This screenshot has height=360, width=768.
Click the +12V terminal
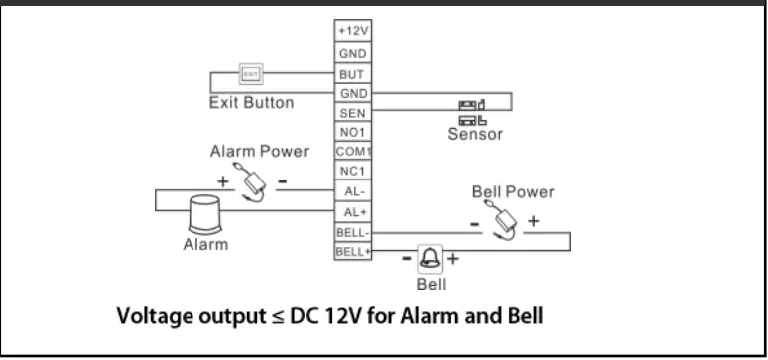tap(352, 32)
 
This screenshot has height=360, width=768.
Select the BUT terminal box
tap(352, 74)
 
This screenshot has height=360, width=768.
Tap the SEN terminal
tap(352, 113)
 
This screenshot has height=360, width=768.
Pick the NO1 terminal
tap(352, 132)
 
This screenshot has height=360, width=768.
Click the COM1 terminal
tap(352, 152)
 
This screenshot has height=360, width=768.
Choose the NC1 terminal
tap(352, 172)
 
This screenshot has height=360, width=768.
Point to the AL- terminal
tap(352, 191)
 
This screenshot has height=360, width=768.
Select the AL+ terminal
tap(352, 211)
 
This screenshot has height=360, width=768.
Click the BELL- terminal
tap(352, 232)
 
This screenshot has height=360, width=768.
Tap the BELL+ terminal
tap(352, 251)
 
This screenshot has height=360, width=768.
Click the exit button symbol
tap(250, 74)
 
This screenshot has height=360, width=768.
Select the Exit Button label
tap(251, 103)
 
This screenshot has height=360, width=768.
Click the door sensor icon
tap(471, 111)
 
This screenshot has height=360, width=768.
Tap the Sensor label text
tap(475, 134)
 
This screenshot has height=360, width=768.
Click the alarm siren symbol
tap(206, 214)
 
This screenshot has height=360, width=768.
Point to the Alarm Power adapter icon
tap(256, 183)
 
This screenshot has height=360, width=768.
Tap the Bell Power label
tap(512, 191)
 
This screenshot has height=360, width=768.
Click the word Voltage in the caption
tap(156, 317)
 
